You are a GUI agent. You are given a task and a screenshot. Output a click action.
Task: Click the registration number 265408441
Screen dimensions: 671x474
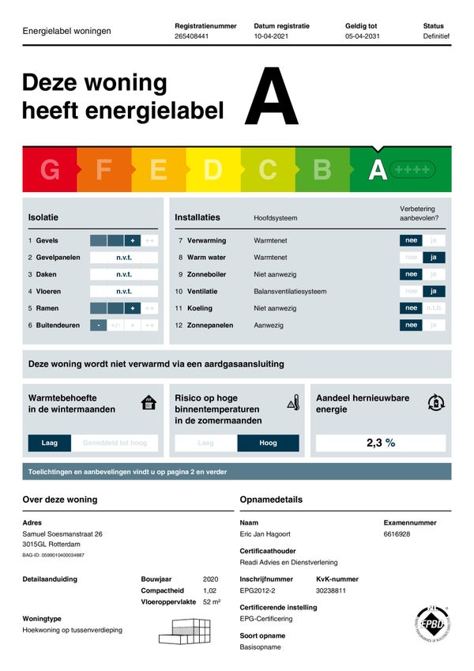click(191, 36)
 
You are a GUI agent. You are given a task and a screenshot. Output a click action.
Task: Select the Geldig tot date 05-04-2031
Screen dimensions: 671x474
click(363, 36)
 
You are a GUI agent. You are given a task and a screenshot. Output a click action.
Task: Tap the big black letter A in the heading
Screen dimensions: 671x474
click(271, 98)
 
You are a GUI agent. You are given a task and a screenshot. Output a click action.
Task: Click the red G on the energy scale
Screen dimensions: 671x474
click(50, 169)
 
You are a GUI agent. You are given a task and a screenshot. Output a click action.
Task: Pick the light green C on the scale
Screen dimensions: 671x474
click(268, 169)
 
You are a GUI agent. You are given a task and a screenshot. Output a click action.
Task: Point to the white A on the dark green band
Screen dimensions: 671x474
click(378, 169)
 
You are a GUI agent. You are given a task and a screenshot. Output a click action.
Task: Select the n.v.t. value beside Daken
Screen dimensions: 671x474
click(124, 274)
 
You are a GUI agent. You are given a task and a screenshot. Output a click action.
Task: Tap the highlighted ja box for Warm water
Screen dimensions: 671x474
click(434, 258)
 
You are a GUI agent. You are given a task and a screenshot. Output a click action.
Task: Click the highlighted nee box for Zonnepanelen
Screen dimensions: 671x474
click(411, 325)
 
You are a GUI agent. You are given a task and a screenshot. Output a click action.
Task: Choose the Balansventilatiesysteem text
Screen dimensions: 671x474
click(290, 292)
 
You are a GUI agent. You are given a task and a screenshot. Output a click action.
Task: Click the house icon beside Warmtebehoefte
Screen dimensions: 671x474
click(149, 403)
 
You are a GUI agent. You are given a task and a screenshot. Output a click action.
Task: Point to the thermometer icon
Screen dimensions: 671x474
click(293, 402)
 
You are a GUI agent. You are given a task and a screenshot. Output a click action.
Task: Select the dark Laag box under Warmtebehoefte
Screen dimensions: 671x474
click(49, 443)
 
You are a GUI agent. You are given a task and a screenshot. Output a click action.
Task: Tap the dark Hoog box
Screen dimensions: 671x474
click(268, 443)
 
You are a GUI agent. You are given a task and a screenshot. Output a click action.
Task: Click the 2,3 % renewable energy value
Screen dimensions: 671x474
click(380, 443)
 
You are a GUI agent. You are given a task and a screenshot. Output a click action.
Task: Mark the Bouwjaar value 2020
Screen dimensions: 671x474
click(210, 579)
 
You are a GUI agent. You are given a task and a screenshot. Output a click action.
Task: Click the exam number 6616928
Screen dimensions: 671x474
click(397, 534)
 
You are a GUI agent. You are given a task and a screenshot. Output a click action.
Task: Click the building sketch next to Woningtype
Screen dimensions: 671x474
click(186, 629)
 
